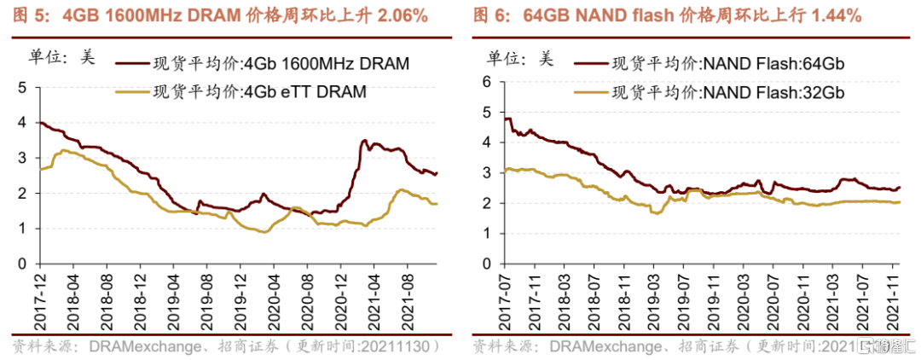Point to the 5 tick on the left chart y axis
pyautogui.click(x=23, y=87)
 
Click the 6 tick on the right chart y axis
pyautogui.click(x=486, y=81)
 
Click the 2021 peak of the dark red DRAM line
pyautogui.click(x=365, y=141)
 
